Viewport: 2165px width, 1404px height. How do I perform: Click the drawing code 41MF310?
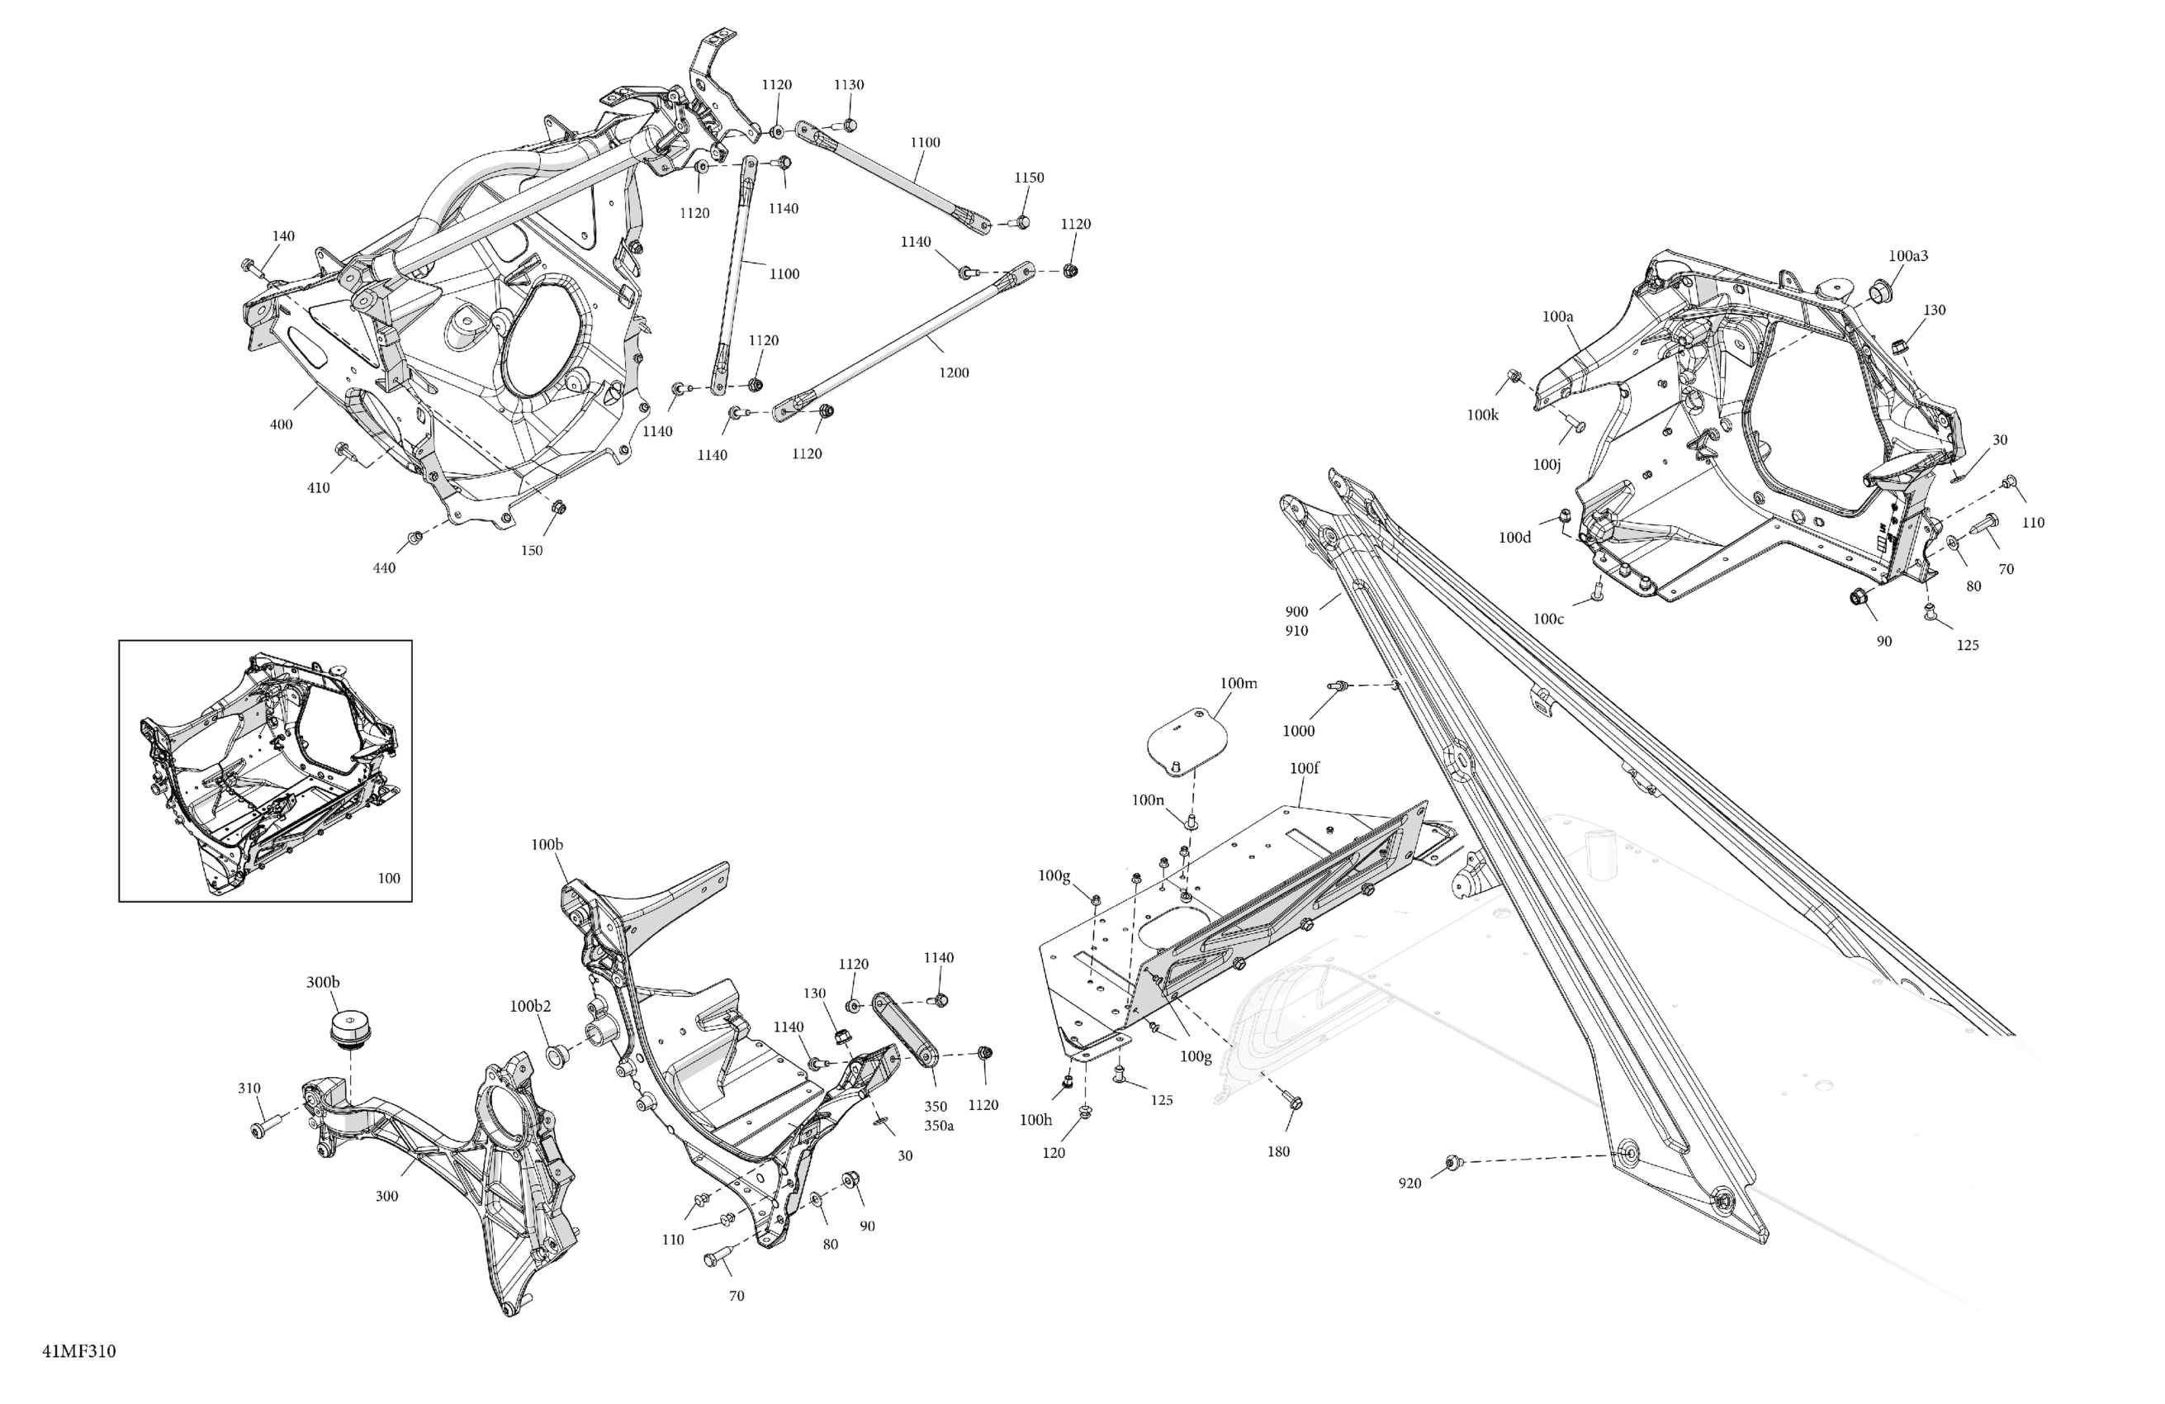pyautogui.click(x=79, y=1351)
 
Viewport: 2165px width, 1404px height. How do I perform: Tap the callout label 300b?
pyautogui.click(x=323, y=982)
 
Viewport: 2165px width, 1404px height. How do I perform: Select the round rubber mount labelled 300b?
pyautogui.click(x=349, y=1029)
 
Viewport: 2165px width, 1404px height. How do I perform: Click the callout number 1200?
pyautogui.click(x=954, y=372)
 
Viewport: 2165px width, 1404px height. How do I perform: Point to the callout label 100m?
pyautogui.click(x=1238, y=683)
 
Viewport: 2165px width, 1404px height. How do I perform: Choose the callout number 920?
pyautogui.click(x=1409, y=1183)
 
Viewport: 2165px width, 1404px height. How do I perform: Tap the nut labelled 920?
pyautogui.click(x=1452, y=1162)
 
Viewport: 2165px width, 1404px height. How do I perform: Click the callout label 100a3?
pyautogui.click(x=1907, y=256)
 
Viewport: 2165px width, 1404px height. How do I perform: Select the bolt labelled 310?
pyautogui.click(x=261, y=1128)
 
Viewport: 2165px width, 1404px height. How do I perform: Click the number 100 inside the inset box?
pyautogui.click(x=388, y=878)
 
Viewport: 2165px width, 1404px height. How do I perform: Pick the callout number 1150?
pyautogui.click(x=1029, y=178)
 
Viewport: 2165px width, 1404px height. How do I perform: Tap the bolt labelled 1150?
pyautogui.click(x=1019, y=222)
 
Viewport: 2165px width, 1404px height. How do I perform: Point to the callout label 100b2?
pyautogui.click(x=530, y=1007)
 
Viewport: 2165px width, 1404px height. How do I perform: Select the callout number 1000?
pyautogui.click(x=1298, y=731)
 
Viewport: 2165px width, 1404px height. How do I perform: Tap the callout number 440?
pyautogui.click(x=384, y=567)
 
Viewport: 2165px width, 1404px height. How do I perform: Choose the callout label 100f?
pyautogui.click(x=1305, y=768)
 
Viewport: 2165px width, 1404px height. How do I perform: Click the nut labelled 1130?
pyautogui.click(x=848, y=125)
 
